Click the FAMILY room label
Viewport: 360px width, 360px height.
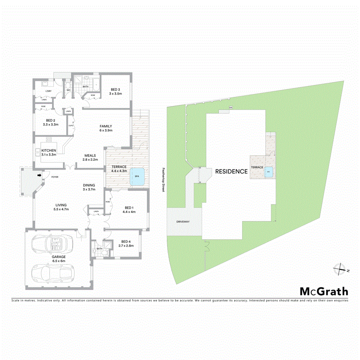[x=106, y=126]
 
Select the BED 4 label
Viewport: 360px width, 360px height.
[x=126, y=241]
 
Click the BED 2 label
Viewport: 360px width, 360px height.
[x=50, y=120]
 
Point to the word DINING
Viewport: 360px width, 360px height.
[x=88, y=185]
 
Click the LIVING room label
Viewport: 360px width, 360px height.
[x=61, y=205]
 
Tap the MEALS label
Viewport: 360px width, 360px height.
[x=90, y=156]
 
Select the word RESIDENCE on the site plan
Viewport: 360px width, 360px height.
[x=231, y=171]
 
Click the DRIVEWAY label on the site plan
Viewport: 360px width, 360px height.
[x=182, y=221]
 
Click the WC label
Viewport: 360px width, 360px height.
[x=68, y=90]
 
